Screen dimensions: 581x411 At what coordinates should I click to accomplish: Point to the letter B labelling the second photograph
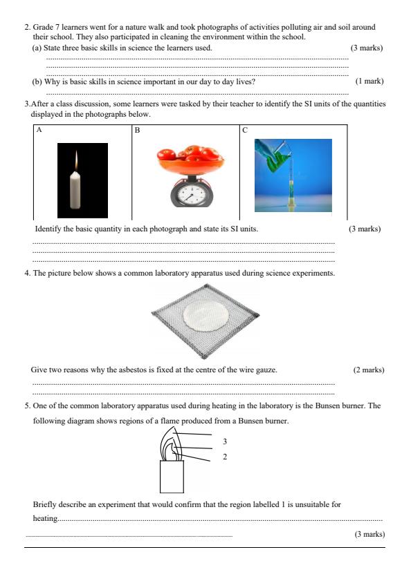(x=137, y=130)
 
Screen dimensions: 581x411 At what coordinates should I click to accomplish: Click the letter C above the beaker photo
(x=244, y=130)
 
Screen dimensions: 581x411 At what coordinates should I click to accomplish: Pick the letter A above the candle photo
(x=39, y=130)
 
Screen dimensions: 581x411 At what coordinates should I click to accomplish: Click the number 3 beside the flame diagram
(x=225, y=441)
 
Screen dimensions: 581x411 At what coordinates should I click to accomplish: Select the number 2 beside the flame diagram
(x=225, y=457)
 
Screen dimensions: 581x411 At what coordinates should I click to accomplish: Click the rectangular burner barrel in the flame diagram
(x=171, y=476)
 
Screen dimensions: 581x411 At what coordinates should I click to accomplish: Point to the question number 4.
(x=26, y=274)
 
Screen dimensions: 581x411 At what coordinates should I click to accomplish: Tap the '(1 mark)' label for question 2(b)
(x=369, y=82)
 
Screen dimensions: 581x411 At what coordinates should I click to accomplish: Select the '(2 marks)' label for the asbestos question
(x=368, y=370)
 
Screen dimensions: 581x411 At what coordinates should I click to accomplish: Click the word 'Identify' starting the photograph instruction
(x=47, y=229)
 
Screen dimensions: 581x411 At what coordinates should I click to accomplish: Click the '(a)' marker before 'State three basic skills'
(x=38, y=48)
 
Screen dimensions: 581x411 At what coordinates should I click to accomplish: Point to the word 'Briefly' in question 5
(x=45, y=504)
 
